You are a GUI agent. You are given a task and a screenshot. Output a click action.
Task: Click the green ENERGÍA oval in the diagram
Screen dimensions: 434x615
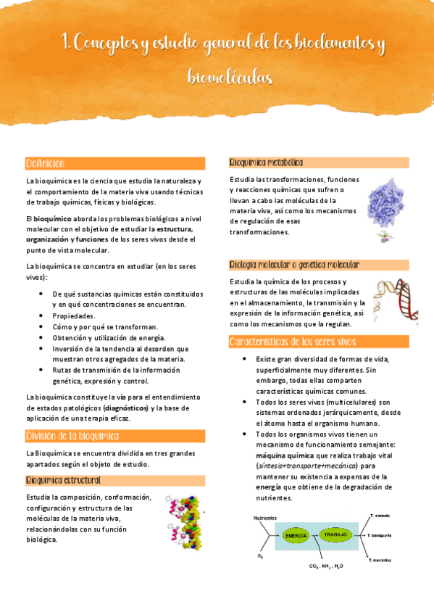(x=296, y=535)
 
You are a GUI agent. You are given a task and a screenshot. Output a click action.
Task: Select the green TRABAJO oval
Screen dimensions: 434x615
(x=335, y=534)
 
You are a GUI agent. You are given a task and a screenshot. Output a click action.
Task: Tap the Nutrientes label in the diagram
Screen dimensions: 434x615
(x=265, y=518)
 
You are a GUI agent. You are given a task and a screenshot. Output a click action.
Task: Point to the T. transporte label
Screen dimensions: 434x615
(x=379, y=535)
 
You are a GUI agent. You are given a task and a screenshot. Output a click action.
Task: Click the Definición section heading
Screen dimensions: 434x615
(x=46, y=163)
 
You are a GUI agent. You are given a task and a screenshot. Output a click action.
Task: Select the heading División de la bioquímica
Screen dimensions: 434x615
(x=72, y=436)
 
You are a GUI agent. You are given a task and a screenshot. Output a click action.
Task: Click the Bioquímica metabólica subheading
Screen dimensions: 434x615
(x=266, y=162)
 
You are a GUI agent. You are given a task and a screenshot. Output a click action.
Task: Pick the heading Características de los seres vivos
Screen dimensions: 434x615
(x=292, y=341)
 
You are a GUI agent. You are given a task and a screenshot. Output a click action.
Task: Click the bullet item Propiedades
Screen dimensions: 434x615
(x=73, y=316)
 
